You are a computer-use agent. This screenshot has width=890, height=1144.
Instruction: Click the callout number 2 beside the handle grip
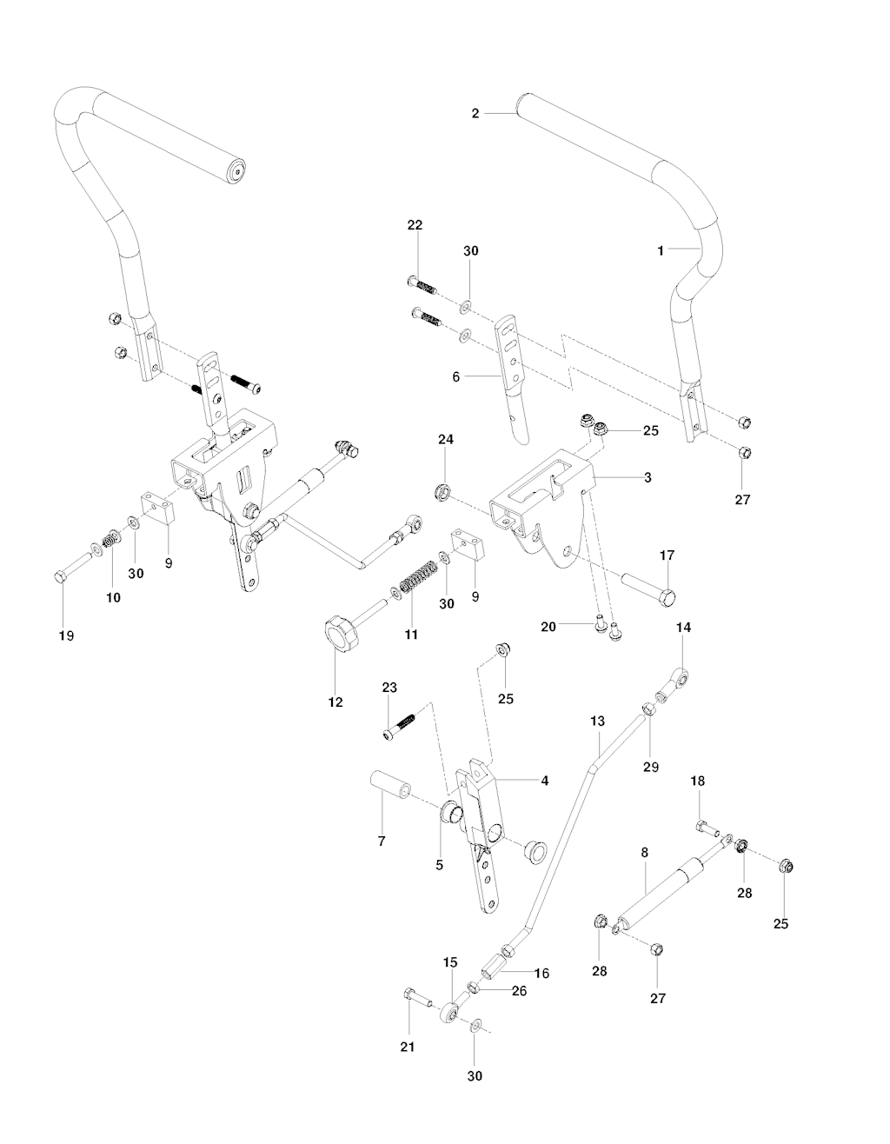coord(475,113)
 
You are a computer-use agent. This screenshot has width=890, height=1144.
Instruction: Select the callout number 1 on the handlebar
coord(661,250)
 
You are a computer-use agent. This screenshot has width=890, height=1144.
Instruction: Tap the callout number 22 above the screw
coord(415,225)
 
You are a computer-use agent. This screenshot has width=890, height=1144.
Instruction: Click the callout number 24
coord(445,441)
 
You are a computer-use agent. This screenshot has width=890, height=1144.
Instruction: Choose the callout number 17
coord(667,555)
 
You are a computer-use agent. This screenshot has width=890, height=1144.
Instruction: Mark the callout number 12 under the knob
coord(335,702)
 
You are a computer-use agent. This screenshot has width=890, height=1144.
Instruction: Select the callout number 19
coord(66,635)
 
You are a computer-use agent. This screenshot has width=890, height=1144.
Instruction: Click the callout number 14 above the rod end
coord(682,627)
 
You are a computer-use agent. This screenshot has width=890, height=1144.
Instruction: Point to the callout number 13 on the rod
coord(596,722)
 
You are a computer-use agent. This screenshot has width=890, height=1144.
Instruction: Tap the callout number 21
coord(407,1047)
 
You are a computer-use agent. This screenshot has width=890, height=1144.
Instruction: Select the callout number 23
coord(389,687)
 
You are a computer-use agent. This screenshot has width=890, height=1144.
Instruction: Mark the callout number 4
coord(544,781)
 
